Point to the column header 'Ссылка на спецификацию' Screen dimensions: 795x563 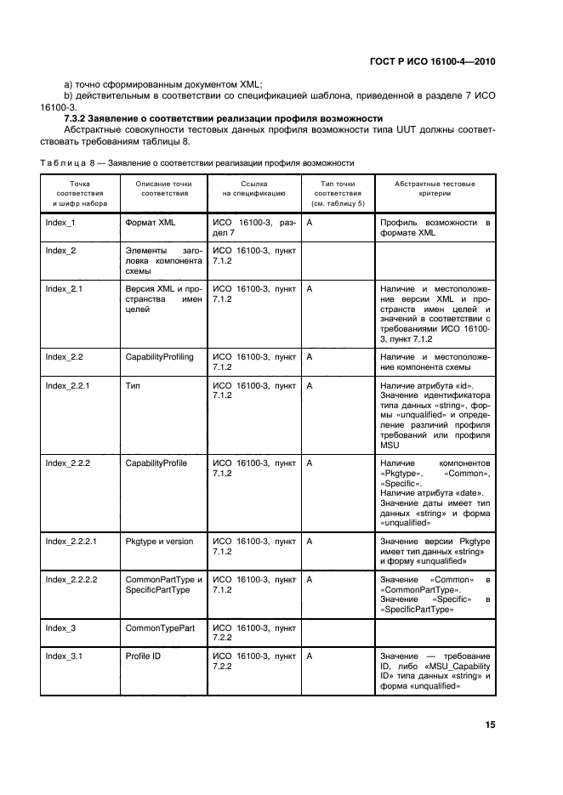[x=251, y=188]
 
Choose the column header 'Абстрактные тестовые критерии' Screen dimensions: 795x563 [x=435, y=188]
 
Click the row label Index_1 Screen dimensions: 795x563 [x=60, y=223]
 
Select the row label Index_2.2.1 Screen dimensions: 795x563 [x=67, y=385]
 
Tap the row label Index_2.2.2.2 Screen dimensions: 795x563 [x=71, y=579]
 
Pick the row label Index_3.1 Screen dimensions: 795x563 [x=63, y=656]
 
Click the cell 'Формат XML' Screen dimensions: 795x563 [x=150, y=223]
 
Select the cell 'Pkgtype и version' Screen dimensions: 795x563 [x=159, y=541]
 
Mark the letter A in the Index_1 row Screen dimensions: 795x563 [x=310, y=223]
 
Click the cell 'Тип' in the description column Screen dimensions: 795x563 [x=133, y=385]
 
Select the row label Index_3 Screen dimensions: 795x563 [x=60, y=627]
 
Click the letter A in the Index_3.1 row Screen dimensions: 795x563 [x=310, y=656]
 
